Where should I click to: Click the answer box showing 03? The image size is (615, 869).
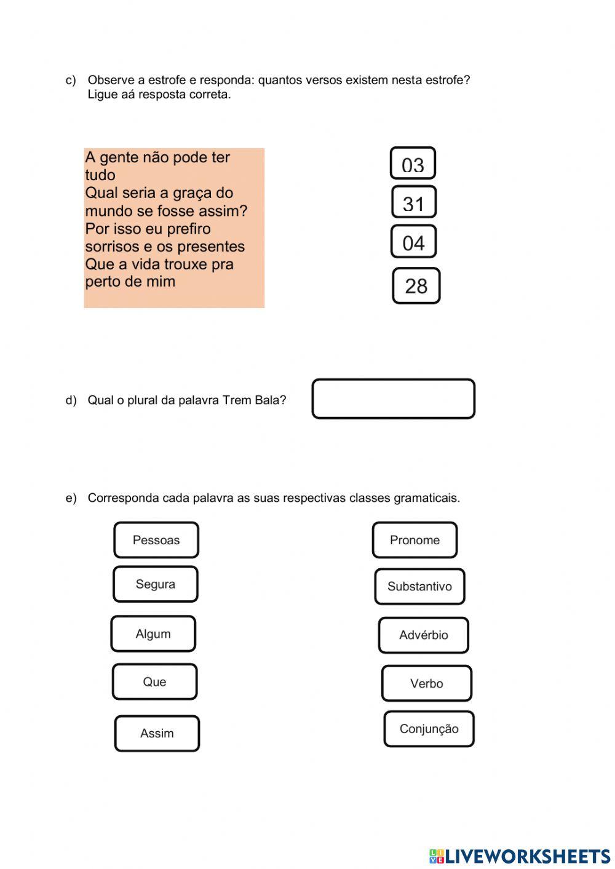413,164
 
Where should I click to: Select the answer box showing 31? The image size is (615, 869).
414,202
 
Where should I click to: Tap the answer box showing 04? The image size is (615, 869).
413,242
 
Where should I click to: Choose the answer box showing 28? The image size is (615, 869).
416,286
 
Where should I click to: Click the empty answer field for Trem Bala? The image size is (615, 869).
394,399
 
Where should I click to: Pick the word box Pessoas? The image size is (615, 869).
156,540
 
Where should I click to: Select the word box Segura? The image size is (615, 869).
156,584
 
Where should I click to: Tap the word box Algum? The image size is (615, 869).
153,634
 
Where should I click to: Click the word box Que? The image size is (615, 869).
154,682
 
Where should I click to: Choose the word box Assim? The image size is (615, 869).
157,733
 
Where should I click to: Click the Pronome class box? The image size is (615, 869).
415,540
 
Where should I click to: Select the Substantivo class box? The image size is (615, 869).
419,587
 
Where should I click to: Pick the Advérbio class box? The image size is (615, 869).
424,635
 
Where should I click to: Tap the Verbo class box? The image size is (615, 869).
427,683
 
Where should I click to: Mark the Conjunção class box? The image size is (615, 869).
429,729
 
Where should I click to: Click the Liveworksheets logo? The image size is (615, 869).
520,855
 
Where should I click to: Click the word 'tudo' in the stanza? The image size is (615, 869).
100,175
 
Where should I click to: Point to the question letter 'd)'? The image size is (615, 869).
71,400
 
